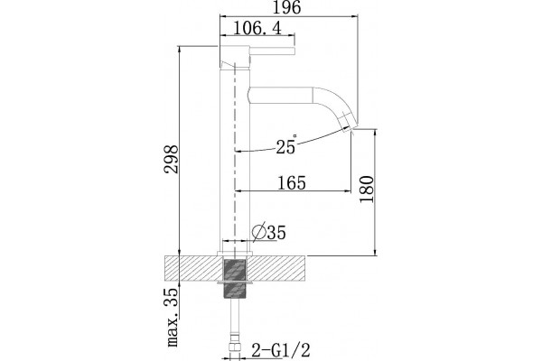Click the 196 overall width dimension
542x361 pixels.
click(287, 7)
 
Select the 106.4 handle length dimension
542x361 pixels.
click(257, 28)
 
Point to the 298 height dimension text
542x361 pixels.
click(173, 159)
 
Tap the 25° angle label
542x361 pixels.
click(286, 145)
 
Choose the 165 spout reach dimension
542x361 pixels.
click(292, 182)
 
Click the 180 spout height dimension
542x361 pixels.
click(367, 190)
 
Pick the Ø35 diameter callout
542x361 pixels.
click(269, 232)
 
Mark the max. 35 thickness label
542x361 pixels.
click(172, 317)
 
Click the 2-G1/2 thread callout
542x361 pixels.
click(281, 350)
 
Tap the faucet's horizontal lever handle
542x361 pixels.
click(273, 51)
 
